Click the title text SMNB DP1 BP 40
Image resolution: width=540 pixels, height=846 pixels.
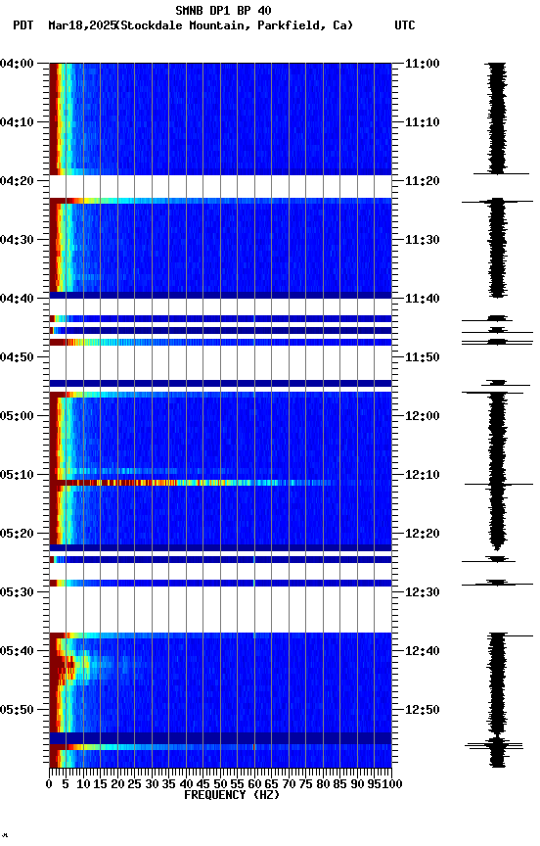pos(223,11)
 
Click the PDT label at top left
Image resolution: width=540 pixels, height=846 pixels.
pos(22,24)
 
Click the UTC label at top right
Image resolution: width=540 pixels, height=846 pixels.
pos(405,24)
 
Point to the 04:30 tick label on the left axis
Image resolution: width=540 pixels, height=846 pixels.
pos(20,240)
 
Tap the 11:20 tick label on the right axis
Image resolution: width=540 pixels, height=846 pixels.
pos(422,181)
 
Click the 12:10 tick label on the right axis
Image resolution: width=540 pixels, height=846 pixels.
pos(422,475)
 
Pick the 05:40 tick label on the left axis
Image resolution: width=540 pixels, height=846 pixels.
pos(20,651)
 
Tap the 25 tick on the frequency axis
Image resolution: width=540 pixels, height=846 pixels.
pos(135,784)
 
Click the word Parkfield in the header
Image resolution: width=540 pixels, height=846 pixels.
pos(288,24)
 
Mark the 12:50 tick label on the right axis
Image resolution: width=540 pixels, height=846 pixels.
pos(422,710)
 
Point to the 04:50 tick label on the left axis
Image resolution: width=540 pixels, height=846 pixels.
pos(20,357)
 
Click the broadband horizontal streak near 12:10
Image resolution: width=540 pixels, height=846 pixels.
pos(196,483)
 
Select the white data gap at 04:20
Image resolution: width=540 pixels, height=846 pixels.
pos(221,187)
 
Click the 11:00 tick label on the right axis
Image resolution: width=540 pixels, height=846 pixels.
pos(422,64)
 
